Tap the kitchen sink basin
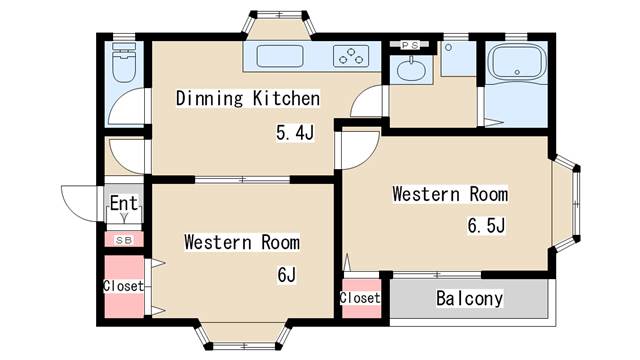tap(280, 56)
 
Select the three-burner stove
tap(351, 56)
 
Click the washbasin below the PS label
tap(411, 70)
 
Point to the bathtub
tap(517, 62)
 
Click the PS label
tap(410, 45)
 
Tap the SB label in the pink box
tap(124, 240)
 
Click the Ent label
tap(124, 203)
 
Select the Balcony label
tap(469, 298)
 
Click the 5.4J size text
tap(295, 133)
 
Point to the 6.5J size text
tap(487, 225)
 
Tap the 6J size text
tap(287, 275)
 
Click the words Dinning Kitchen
tap(248, 98)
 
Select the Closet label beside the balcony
tap(360, 298)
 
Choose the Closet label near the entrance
tap(124, 286)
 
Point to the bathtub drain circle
tap(517, 72)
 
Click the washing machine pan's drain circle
tap(449, 48)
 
